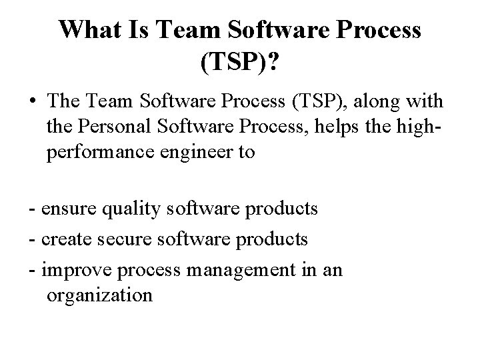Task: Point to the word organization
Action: (100, 295)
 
